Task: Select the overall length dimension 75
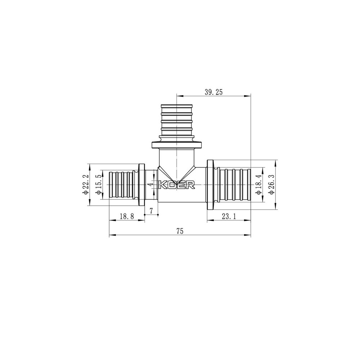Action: [180, 231]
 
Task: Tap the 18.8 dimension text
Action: [126, 216]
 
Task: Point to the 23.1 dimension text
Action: [229, 216]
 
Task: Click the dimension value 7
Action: [152, 210]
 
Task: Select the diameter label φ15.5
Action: [98, 184]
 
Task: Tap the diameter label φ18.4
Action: [258, 184]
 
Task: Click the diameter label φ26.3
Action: [271, 184]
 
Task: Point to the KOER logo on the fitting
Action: [177, 185]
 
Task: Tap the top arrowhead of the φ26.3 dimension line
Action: [275, 162]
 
